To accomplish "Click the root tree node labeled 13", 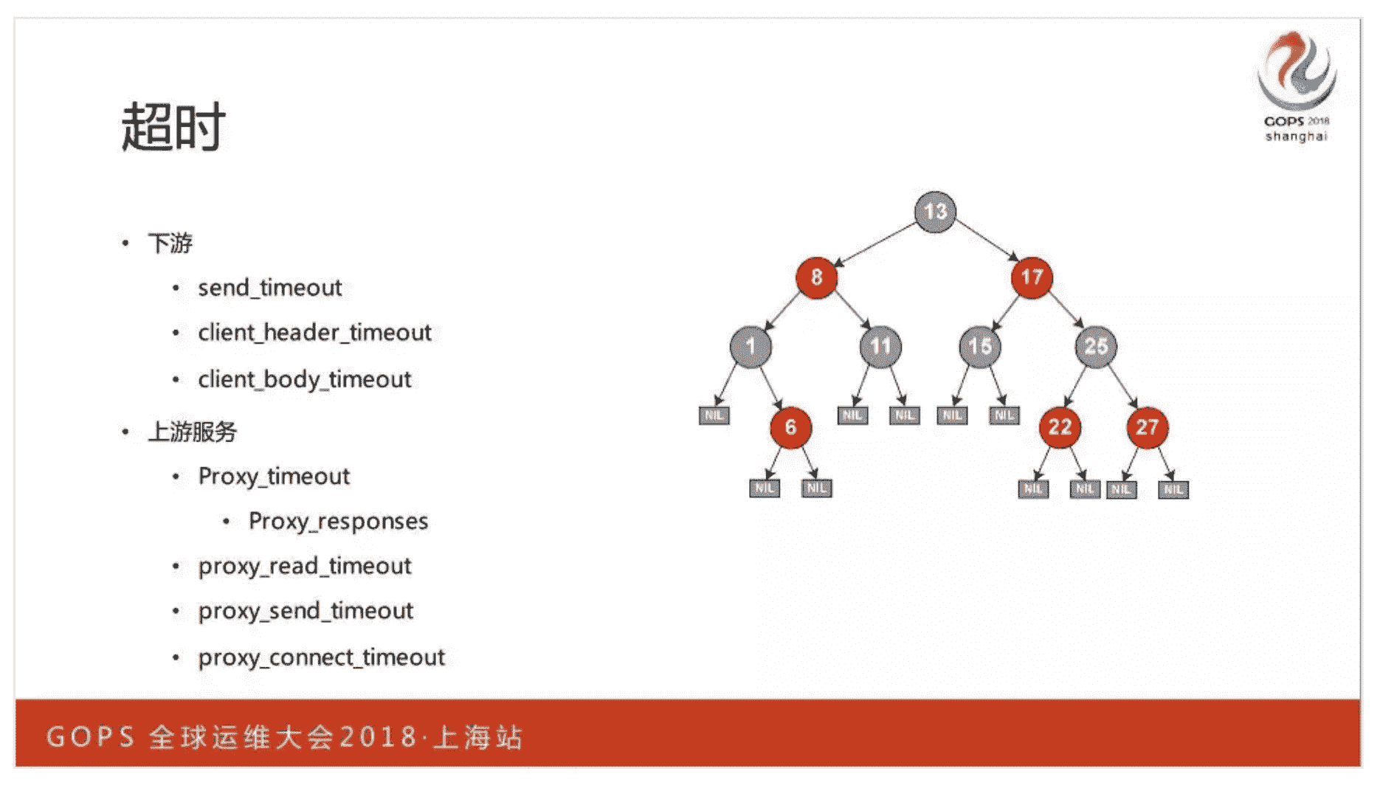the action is [x=935, y=212].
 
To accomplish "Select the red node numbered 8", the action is [x=816, y=277].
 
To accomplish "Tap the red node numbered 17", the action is [x=1031, y=277].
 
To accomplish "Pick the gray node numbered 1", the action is [x=751, y=346].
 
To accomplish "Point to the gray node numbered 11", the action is [x=880, y=346].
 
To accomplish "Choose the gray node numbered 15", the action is [x=980, y=346].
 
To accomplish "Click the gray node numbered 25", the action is [x=1096, y=346].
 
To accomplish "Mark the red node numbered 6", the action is [x=790, y=427].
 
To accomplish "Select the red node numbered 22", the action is [x=1060, y=427].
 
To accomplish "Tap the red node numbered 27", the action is [x=1147, y=427].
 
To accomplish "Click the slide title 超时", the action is [x=173, y=127].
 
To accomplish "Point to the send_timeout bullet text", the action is [x=269, y=288].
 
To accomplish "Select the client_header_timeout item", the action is [x=314, y=333].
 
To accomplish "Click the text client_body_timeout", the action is [x=304, y=379].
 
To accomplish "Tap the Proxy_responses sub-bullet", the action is [x=338, y=522].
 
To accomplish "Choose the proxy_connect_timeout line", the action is [x=321, y=657].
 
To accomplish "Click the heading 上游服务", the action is [x=192, y=432].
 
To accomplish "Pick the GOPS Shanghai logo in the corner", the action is [x=1297, y=85].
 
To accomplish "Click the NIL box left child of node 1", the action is [x=714, y=415].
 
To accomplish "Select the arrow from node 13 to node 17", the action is [x=986, y=240].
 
